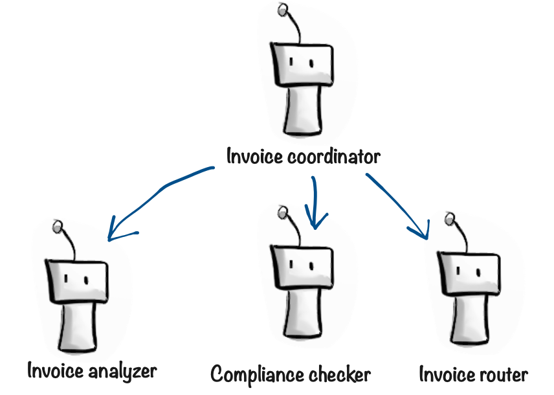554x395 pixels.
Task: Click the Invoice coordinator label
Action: (x=303, y=157)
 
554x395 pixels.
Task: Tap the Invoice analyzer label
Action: (x=92, y=371)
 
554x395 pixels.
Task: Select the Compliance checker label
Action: (x=291, y=374)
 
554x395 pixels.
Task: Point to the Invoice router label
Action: (x=473, y=374)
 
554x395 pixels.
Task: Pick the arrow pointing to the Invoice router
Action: (x=399, y=203)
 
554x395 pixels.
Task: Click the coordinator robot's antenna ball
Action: (x=282, y=10)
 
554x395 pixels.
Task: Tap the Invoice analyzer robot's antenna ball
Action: (x=58, y=226)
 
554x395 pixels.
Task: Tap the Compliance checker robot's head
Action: (x=302, y=265)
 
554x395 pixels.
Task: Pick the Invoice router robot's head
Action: (x=469, y=271)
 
